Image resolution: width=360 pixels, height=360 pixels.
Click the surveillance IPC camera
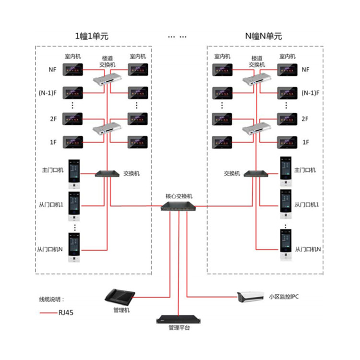(250, 297)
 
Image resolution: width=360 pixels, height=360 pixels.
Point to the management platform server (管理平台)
(179, 318)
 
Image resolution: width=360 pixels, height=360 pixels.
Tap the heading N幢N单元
(264, 36)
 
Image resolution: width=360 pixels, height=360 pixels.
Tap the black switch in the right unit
(255, 173)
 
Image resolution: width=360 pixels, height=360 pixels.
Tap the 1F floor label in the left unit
(53, 142)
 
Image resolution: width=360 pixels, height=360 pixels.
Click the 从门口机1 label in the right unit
(307, 205)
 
